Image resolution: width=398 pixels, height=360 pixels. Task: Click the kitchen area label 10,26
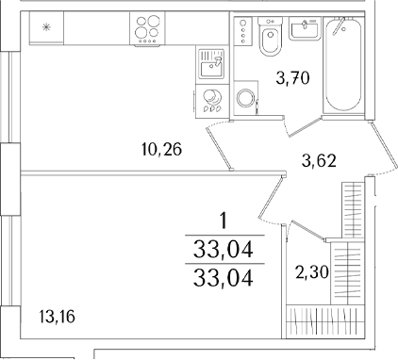click(161, 149)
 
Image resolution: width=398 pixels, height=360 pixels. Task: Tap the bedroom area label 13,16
click(58, 317)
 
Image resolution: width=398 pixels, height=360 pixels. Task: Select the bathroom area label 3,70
click(293, 78)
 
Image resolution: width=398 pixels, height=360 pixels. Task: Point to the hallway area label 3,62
click(319, 160)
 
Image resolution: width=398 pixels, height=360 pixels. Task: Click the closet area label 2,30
click(312, 272)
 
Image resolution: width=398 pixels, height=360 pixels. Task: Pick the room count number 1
click(224, 221)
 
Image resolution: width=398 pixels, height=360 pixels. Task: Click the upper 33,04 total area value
click(224, 250)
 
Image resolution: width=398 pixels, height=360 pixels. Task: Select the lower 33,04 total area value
click(224, 279)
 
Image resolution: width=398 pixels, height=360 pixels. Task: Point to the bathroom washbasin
click(305, 28)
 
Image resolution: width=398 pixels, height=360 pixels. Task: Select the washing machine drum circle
click(246, 98)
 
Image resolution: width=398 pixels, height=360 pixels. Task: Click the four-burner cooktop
click(147, 30)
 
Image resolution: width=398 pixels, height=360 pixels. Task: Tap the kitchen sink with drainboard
click(211, 64)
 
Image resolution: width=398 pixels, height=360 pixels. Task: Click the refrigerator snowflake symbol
click(46, 28)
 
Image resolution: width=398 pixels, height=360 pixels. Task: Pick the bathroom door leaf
click(305, 127)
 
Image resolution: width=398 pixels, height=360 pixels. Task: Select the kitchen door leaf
click(219, 146)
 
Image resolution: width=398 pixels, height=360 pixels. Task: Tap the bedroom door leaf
click(271, 197)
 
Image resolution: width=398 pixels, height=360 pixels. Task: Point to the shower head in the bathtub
click(339, 25)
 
